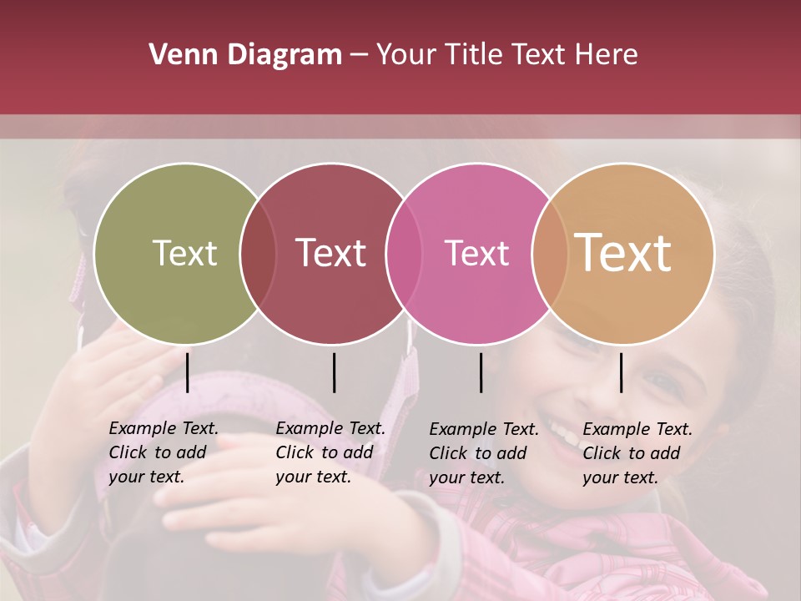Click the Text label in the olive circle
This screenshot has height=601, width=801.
point(184,253)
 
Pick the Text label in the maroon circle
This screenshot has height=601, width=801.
point(331,253)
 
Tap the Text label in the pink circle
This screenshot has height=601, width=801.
point(476,253)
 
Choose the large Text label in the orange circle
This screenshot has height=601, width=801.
point(623,252)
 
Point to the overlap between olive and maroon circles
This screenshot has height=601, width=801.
point(258,254)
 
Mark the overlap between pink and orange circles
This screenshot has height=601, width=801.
point(550,254)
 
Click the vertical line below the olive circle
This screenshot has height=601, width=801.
point(187,372)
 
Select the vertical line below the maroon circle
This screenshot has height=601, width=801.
point(334,372)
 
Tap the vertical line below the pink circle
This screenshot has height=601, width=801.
point(481,372)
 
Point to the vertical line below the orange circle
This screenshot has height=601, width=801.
point(621,372)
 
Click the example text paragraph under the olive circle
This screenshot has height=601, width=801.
point(164,452)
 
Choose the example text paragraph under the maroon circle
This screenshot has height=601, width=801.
point(330,452)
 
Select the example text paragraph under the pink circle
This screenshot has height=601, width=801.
point(484,453)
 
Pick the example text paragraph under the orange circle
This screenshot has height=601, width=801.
point(637,453)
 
